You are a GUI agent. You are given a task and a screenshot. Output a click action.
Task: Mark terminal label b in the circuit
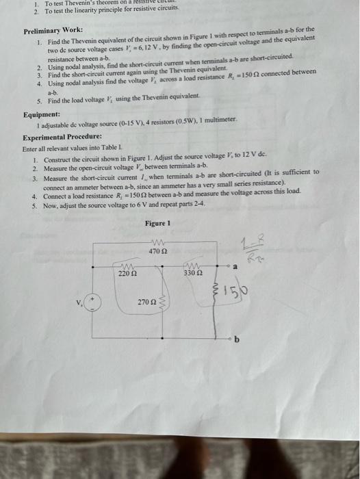pos(237,339)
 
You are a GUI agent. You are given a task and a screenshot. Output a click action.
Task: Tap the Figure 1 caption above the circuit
pos(157,223)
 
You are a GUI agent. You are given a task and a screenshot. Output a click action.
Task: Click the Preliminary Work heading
pos(53,31)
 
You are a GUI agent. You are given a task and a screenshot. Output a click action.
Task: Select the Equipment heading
pos(41,115)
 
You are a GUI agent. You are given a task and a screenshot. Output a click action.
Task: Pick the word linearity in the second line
pos(85,12)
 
